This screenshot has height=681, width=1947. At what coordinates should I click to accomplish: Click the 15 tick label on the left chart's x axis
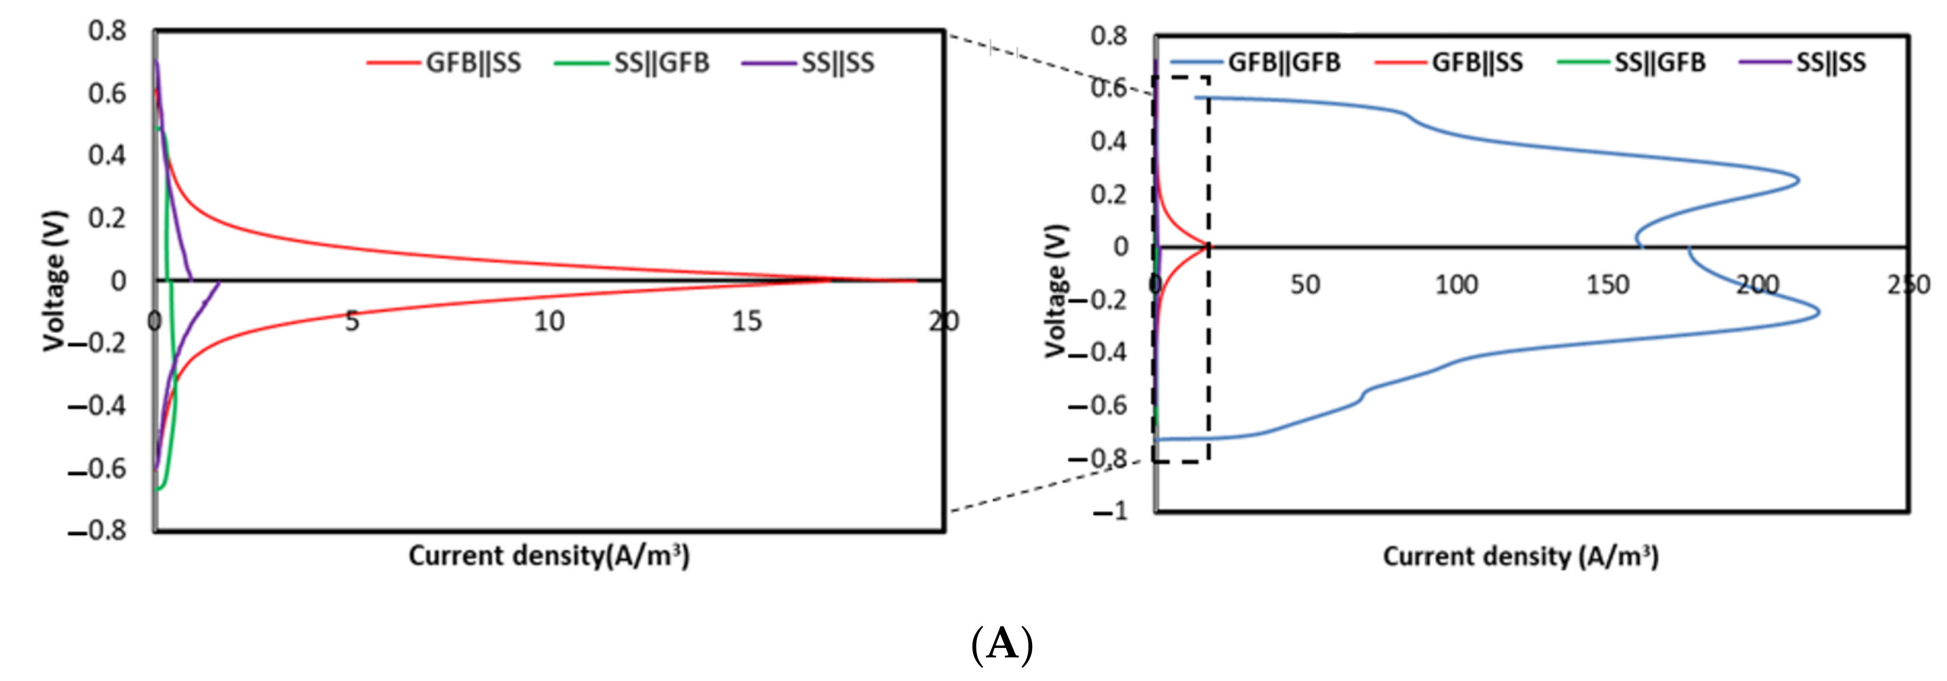coord(747,322)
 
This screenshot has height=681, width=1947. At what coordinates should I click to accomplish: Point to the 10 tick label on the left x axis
coord(550,322)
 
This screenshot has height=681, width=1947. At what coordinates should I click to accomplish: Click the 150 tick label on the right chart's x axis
coord(1608,285)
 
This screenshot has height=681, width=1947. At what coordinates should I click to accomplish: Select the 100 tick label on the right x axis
coord(1456,285)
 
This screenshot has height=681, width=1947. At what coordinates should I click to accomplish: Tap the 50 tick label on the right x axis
coord(1305,285)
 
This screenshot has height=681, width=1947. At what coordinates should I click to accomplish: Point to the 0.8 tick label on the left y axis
coord(107,31)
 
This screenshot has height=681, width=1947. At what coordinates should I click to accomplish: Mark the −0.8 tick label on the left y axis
coord(97,531)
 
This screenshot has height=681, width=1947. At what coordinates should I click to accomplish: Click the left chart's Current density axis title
coord(549,556)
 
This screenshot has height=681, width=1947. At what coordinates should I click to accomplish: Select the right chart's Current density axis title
coord(1521,557)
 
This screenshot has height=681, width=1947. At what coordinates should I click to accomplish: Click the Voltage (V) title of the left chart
coord(55,281)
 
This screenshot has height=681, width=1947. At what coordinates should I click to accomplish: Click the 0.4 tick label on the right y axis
coord(1109,141)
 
